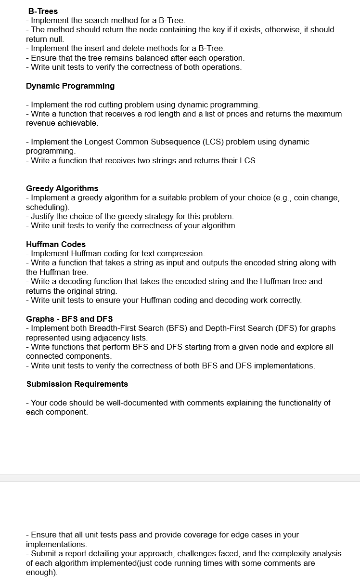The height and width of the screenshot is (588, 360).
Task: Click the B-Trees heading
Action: (43, 11)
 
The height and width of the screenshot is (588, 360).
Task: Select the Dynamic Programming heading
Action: (70, 86)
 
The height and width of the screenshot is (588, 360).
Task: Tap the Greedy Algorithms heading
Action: (62, 188)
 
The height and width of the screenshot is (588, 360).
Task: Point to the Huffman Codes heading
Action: (56, 244)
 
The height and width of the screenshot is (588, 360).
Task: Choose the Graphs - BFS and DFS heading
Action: (69, 319)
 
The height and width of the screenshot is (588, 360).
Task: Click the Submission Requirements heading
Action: (77, 384)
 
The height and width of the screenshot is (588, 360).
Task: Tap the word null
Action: (55, 39)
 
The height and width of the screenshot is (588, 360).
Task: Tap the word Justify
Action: (43, 216)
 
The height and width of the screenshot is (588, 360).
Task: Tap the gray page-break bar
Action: (180, 478)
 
